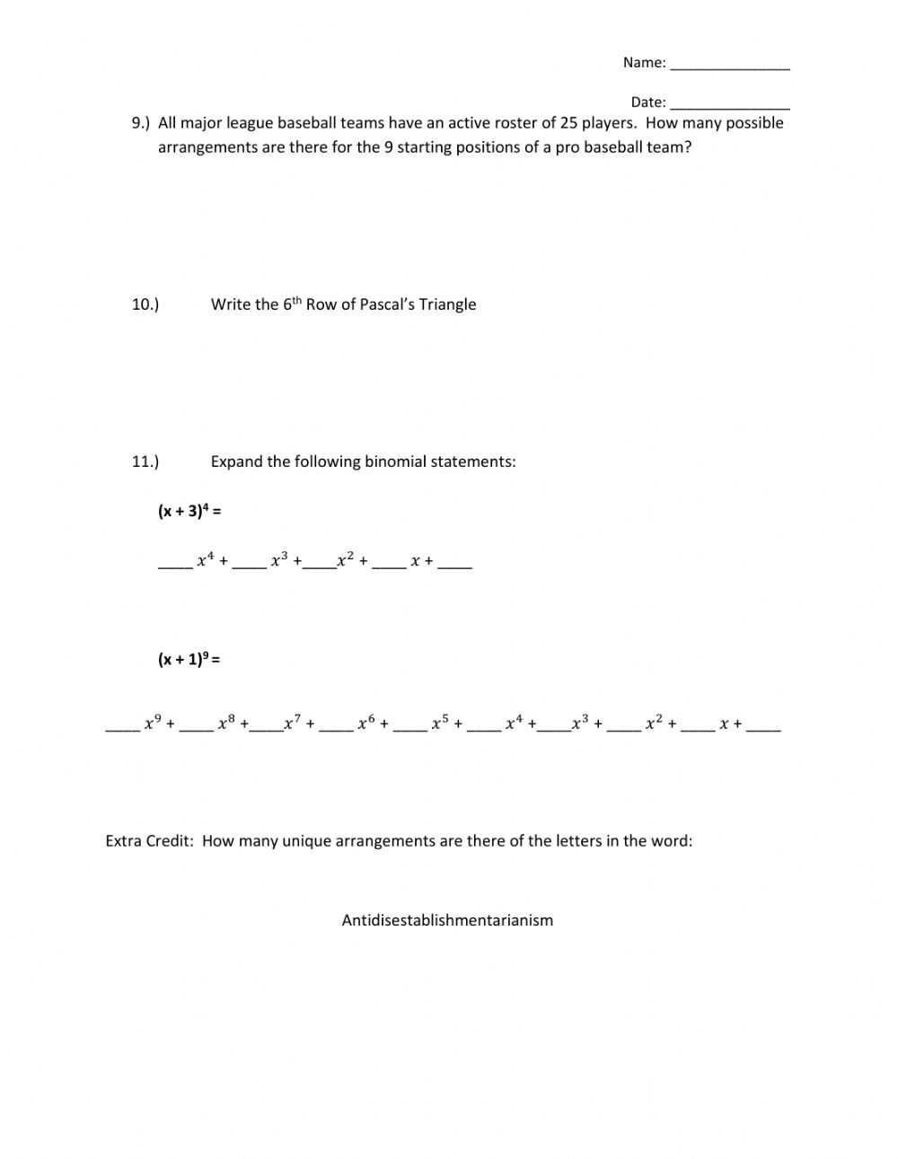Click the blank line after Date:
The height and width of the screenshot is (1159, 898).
(729, 105)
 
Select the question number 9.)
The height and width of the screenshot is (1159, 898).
(141, 123)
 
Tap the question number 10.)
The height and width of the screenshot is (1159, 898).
(145, 304)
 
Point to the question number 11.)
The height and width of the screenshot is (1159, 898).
(145, 461)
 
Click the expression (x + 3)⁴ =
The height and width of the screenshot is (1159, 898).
(189, 511)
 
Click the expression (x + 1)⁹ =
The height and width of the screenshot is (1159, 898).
(189, 659)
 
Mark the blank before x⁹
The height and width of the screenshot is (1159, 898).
(122, 727)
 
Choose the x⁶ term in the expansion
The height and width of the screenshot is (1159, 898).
(365, 722)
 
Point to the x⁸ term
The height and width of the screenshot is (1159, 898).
(226, 722)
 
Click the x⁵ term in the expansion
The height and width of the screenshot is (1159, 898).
(440, 722)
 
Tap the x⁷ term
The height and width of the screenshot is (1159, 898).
(293, 722)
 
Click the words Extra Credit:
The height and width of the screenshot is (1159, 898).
(149, 841)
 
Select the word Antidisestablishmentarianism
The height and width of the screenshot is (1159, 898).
(447, 920)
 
